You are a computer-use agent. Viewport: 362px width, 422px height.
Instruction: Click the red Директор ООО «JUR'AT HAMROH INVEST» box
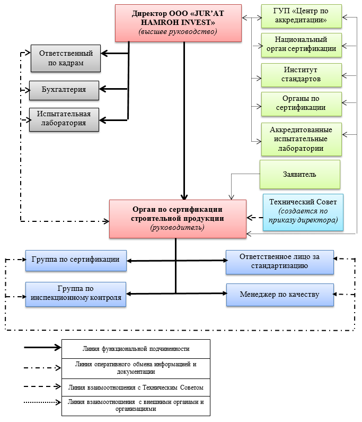pyautogui.click(x=178, y=22)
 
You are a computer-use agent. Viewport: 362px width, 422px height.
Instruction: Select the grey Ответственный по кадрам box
pyautogui.click(x=65, y=58)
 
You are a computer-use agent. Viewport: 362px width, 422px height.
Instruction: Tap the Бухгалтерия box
pyautogui.click(x=64, y=90)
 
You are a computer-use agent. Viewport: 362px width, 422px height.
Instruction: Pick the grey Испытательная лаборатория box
pyautogui.click(x=64, y=118)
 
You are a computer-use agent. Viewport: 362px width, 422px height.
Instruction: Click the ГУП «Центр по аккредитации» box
pyautogui.click(x=301, y=16)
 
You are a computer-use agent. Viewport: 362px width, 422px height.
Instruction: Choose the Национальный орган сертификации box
pyautogui.click(x=301, y=44)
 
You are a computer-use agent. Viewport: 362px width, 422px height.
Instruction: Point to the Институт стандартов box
pyautogui.click(x=301, y=75)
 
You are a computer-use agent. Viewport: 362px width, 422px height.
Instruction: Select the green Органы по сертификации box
pyautogui.click(x=301, y=103)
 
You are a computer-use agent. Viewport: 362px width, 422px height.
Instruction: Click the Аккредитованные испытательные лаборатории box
pyautogui.click(x=301, y=139)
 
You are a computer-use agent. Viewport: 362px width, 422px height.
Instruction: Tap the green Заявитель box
pyautogui.click(x=299, y=174)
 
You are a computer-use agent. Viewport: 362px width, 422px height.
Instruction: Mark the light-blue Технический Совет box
pyautogui.click(x=303, y=212)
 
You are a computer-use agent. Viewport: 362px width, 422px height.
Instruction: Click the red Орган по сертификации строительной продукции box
pyautogui.click(x=178, y=218)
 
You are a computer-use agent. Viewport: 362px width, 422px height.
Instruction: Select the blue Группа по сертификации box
pyautogui.click(x=76, y=260)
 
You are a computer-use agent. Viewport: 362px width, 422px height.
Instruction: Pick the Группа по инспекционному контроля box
pyautogui.click(x=76, y=294)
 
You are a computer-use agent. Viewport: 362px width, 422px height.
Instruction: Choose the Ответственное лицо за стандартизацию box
pyautogui.click(x=279, y=262)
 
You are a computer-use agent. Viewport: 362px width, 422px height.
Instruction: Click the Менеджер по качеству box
pyautogui.click(x=279, y=295)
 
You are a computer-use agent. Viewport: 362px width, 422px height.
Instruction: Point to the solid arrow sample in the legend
pyautogui.click(x=42, y=348)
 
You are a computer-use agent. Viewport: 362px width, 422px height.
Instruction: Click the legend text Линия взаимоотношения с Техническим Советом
pyautogui.click(x=136, y=387)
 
